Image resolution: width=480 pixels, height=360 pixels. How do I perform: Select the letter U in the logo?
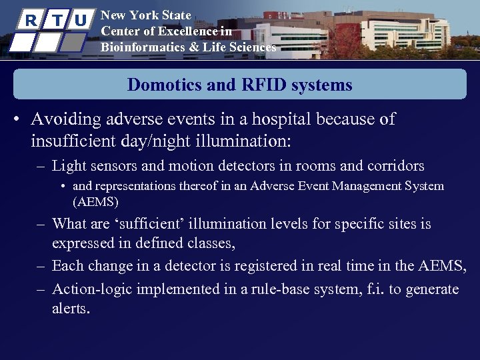[80, 21]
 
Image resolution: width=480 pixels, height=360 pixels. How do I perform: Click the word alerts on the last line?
[70, 309]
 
